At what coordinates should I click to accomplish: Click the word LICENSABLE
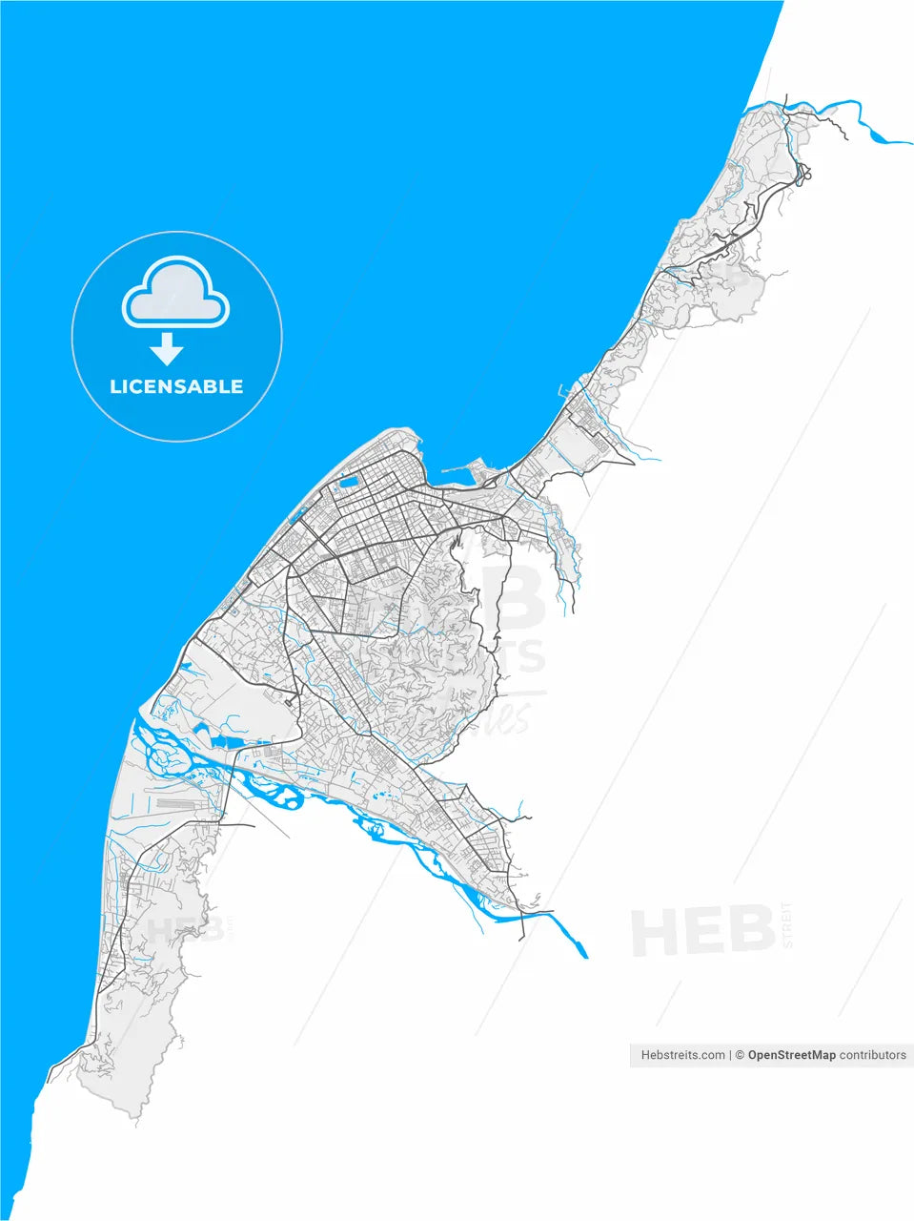[176, 386]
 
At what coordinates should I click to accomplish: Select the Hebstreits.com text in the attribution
[682, 1055]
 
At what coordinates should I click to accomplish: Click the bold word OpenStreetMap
[791, 1055]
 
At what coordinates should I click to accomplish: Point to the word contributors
[873, 1055]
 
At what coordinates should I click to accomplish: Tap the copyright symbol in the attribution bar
[739, 1055]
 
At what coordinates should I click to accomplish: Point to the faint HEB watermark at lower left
[173, 928]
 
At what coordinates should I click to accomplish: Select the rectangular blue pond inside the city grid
[348, 482]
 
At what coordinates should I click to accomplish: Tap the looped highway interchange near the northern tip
[803, 175]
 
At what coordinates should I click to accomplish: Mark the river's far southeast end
[583, 953]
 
